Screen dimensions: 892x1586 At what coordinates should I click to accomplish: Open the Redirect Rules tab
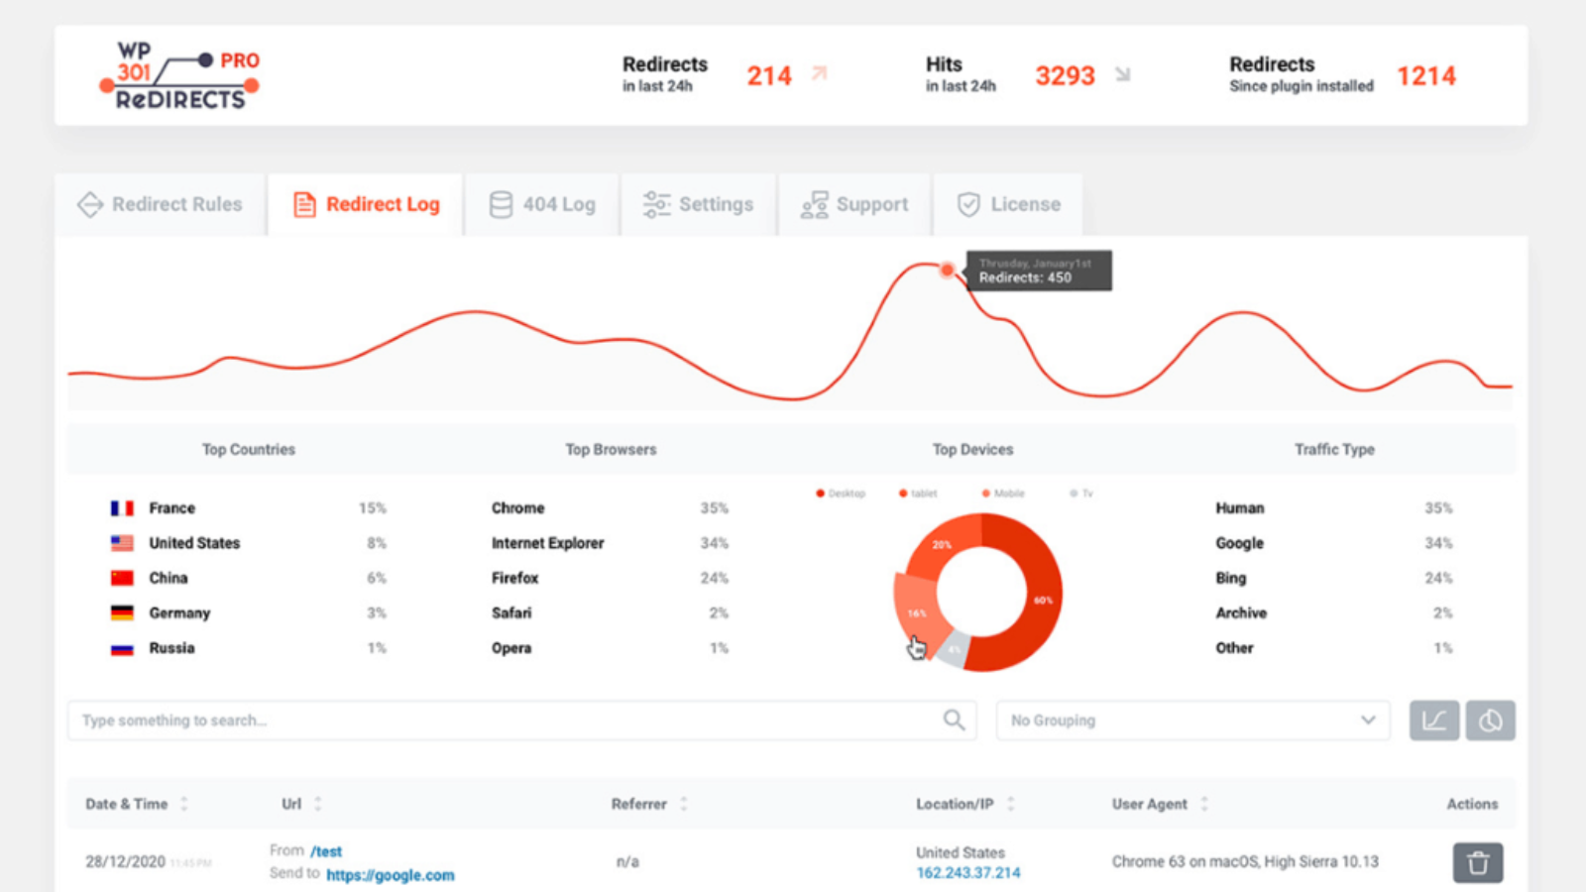161,205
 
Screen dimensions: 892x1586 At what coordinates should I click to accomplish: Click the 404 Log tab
542,205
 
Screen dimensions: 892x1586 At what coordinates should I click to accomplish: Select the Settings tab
698,205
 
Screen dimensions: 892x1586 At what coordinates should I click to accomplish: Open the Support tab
854,205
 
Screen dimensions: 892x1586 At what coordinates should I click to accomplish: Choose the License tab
1008,205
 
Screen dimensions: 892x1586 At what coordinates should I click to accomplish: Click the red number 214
769,76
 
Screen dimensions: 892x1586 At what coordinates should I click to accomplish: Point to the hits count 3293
1065,76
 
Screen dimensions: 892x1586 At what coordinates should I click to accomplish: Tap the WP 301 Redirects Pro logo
180,76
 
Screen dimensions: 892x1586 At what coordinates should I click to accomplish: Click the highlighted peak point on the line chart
948,270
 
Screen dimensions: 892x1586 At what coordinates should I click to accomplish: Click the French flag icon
122,508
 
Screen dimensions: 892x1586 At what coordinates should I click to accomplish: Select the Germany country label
179,613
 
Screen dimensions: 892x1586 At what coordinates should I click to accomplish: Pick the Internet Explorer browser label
547,543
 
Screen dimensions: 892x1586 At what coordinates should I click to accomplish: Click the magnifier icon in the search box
954,721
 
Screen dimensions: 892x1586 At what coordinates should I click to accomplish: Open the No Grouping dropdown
1192,721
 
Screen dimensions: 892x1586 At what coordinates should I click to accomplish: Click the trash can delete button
1478,863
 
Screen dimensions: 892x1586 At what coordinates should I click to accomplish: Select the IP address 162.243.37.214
968,873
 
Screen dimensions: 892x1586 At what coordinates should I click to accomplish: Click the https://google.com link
391,875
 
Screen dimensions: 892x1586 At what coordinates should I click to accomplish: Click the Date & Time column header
127,804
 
